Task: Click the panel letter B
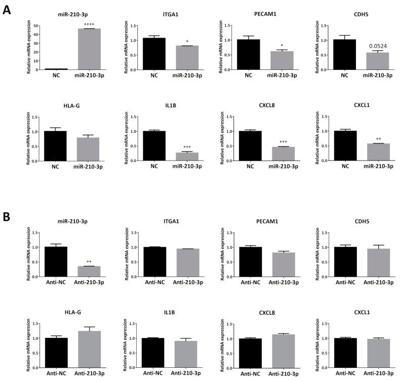tap(7, 216)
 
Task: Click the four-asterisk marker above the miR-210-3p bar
tap(89, 24)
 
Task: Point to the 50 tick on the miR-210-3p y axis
tap(34, 23)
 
